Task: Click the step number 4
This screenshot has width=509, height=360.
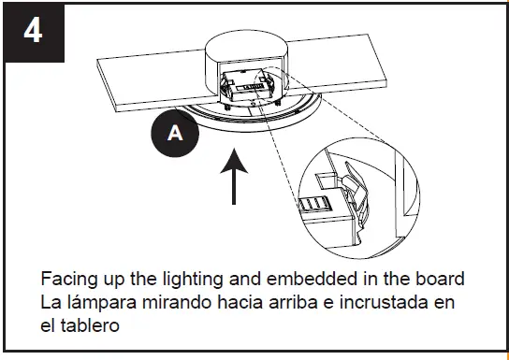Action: click(32, 31)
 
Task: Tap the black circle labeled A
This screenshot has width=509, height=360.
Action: click(175, 135)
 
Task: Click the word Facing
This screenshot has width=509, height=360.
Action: click(65, 281)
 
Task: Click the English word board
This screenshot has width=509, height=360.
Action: click(442, 281)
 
